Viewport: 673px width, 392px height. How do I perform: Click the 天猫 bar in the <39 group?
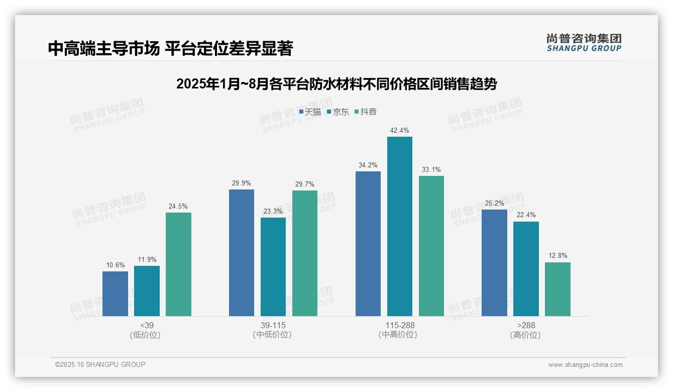pos(115,293)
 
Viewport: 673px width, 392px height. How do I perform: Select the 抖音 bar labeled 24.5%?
pos(178,264)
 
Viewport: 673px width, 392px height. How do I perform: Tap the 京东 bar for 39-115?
pos(273,267)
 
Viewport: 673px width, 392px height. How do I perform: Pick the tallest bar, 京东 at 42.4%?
pos(400,226)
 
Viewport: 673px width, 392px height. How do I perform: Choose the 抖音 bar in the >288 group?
pos(557,289)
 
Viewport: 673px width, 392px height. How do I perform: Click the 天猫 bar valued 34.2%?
pos(368,244)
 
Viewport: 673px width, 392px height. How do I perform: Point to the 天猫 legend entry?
pos(310,112)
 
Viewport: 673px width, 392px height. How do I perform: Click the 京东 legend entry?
pos(338,112)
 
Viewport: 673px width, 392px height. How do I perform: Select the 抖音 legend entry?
pos(366,112)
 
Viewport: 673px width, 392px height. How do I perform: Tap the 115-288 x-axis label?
pos(400,326)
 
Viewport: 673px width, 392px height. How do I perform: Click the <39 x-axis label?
pos(147,326)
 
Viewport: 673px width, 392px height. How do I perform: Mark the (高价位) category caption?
pos(526,335)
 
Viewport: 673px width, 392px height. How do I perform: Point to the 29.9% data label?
pos(241,183)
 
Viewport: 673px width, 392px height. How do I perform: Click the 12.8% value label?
pos(557,256)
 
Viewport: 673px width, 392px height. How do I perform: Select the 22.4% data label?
pos(526,215)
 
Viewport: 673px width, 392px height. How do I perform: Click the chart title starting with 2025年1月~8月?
pos(336,84)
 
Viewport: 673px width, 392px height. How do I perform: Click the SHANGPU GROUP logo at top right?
pos(584,43)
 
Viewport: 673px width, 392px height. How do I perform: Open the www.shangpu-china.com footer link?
pos(585,365)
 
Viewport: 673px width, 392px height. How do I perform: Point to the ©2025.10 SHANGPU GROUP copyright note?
pos(100,365)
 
